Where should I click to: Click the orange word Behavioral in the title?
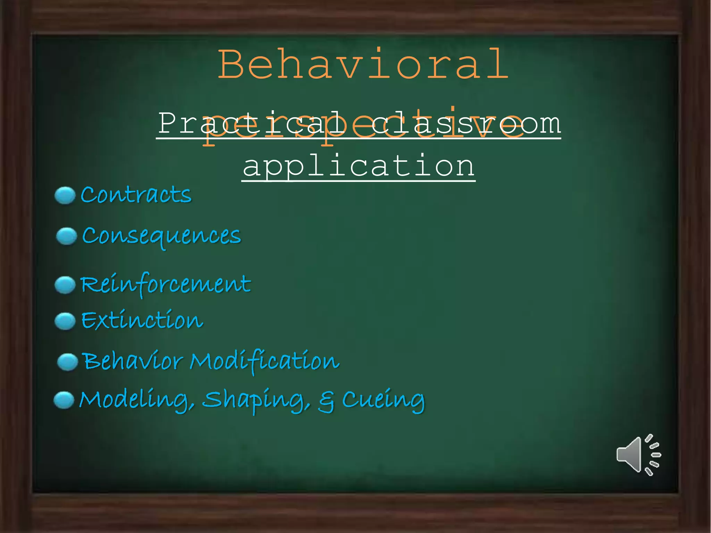[363, 65]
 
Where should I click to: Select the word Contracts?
[136, 195]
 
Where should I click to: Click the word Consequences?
[161, 236]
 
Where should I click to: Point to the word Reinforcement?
[166, 285]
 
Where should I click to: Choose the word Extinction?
[142, 320]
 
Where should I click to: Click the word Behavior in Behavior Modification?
[133, 361]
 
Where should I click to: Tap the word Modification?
[265, 361]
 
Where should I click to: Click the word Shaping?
[256, 400]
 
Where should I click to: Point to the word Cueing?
[383, 400]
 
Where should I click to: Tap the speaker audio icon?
[638, 454]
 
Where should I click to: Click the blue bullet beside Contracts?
[65, 195]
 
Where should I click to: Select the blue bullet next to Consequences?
[66, 236]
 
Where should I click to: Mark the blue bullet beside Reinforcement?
[65, 285]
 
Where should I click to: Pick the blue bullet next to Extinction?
[65, 321]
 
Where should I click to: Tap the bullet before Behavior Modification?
[67, 362]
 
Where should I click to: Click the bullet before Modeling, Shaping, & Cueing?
[64, 400]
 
